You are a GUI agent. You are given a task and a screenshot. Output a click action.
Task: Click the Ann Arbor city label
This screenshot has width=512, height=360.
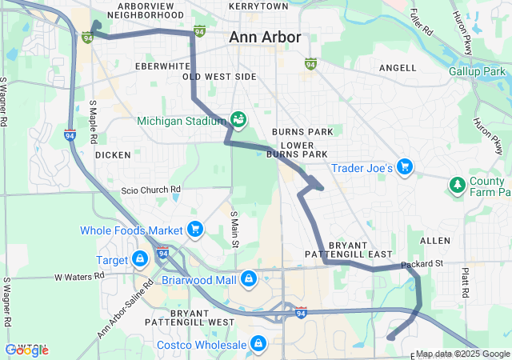pos(265,37)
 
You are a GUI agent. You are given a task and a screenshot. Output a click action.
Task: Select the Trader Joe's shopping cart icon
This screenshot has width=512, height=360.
pos(406,167)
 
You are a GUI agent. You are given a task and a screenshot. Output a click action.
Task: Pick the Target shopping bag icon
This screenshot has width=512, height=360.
pos(140,259)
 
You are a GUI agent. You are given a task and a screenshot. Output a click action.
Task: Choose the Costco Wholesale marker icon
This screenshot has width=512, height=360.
pos(258,344)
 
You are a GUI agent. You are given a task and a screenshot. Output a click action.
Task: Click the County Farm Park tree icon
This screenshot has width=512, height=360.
pos(457,186)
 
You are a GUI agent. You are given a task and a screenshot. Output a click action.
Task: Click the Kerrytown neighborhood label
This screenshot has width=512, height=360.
pos(258,6)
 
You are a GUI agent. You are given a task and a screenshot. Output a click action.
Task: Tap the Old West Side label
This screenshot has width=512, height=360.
pos(219,77)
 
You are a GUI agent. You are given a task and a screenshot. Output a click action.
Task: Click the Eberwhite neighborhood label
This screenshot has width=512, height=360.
pos(162,66)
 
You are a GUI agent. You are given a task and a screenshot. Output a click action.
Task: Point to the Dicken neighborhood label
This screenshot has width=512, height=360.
pos(112,154)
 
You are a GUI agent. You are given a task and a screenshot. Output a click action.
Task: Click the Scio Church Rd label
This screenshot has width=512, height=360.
pos(151,190)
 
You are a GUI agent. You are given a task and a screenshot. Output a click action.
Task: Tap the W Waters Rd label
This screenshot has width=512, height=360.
pos(79,276)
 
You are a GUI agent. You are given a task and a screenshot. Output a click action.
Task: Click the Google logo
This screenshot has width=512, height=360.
pos(27,350)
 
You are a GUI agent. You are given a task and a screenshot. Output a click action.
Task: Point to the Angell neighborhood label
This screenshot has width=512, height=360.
pos(397,69)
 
